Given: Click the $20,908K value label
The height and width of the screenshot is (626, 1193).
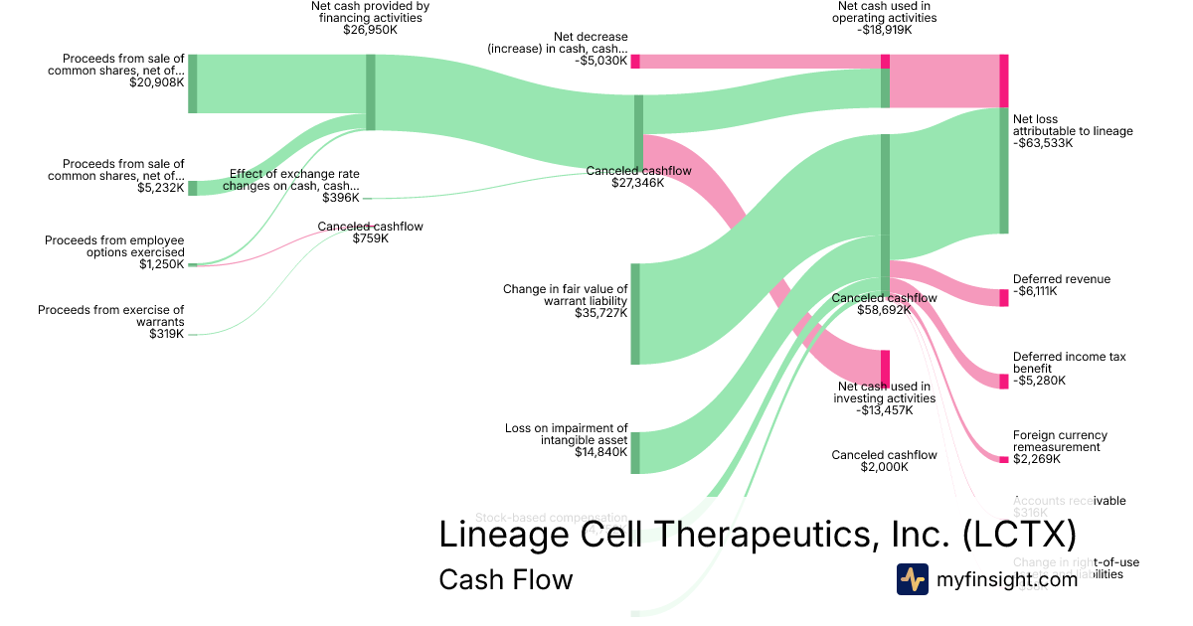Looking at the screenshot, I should [x=156, y=82].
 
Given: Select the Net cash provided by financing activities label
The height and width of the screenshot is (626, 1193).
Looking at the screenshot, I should [x=369, y=12].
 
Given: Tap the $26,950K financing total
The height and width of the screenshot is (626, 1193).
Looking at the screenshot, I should [x=369, y=30].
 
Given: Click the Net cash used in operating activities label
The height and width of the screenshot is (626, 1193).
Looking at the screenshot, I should [x=886, y=12].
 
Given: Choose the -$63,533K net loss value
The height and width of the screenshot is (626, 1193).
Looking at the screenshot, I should [x=1043, y=143].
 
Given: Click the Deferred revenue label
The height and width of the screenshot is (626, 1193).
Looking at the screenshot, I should [x=1061, y=279].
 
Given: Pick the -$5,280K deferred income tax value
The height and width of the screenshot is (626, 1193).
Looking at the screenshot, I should [x=1039, y=381].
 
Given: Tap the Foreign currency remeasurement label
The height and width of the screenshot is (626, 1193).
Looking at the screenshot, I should [x=1060, y=441].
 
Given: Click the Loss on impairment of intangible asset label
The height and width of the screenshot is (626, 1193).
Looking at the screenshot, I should [x=566, y=434].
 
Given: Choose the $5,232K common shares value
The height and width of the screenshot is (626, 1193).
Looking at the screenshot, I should [x=160, y=188].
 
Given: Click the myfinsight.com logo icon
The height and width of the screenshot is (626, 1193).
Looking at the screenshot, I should [x=913, y=578].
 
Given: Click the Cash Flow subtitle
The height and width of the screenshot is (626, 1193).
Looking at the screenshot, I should [x=505, y=579].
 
